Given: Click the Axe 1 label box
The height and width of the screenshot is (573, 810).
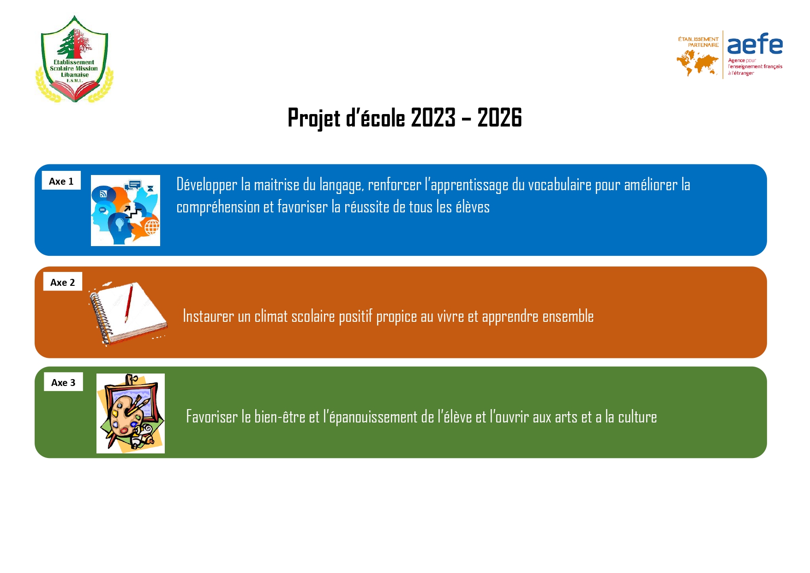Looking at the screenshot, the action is point(61,181).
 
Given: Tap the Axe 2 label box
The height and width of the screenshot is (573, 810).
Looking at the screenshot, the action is point(63,282).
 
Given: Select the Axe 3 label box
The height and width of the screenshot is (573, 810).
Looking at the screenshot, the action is point(63,382).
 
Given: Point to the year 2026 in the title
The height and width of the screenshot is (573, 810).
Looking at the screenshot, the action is point(499,117).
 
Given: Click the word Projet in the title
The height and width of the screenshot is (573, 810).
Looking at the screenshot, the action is point(314,118).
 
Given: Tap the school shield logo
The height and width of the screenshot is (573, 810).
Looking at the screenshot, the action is point(74,59).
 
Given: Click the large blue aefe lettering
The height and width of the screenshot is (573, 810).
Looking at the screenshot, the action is point(755,44).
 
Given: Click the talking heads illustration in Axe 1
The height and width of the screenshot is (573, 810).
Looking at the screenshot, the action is point(126,211).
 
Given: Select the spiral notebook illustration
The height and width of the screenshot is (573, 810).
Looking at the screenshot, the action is point(128,313).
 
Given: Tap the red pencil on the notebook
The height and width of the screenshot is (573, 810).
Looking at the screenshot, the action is point(129,303).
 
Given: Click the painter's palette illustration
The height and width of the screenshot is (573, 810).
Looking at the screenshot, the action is point(131,413).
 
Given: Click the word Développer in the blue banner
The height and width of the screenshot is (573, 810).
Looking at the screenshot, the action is point(207,185).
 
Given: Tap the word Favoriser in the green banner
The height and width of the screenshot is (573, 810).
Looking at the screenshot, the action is point(211,416).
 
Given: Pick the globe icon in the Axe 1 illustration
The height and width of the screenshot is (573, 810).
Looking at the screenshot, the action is point(152,227).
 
